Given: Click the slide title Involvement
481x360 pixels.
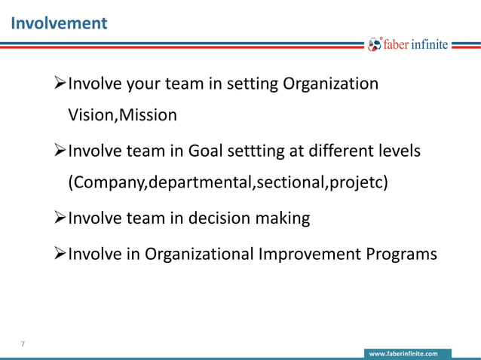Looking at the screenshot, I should [x=59, y=23].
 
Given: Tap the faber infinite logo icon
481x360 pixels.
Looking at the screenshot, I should [x=375, y=45].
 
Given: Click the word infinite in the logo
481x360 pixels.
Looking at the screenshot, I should [x=430, y=45].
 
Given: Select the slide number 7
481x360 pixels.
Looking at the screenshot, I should [x=23, y=344].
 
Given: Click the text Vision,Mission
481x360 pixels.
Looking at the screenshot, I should [x=123, y=115].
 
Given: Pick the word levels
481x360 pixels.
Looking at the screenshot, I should [x=400, y=151].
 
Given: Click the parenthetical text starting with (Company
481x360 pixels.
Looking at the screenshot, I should [x=228, y=183].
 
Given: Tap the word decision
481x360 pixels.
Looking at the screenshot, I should [x=213, y=218].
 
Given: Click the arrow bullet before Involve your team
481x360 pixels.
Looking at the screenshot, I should [x=60, y=84].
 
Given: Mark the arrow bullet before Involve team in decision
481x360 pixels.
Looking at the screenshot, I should [x=60, y=218].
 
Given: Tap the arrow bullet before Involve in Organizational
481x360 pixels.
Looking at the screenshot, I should [x=60, y=254].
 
